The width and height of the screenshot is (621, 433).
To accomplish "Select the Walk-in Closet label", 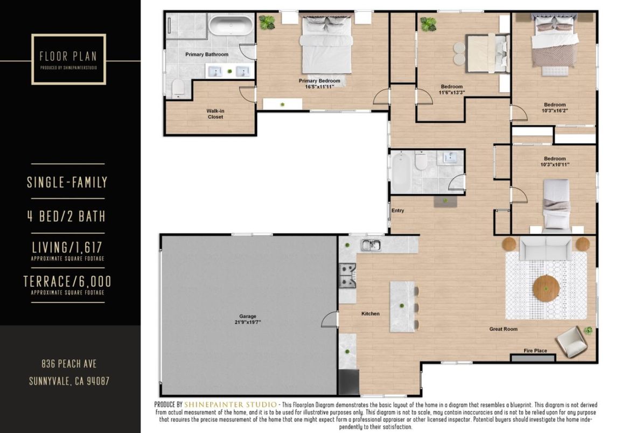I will [x=215, y=114].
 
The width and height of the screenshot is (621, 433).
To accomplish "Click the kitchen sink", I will [x=371, y=246].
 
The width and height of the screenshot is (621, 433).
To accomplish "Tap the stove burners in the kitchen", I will [x=347, y=275].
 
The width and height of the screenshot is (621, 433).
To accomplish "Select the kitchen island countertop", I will [x=402, y=306].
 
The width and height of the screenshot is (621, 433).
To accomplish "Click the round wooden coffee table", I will [x=546, y=289].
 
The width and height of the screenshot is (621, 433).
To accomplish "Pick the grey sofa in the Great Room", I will [x=546, y=248].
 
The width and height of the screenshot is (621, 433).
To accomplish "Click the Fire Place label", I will [x=535, y=351].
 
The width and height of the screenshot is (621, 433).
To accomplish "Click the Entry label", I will [x=398, y=211].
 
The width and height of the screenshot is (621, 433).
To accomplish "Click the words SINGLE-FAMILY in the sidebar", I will [x=67, y=183].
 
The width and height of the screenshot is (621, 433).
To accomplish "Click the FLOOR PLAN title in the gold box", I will [x=68, y=56].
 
